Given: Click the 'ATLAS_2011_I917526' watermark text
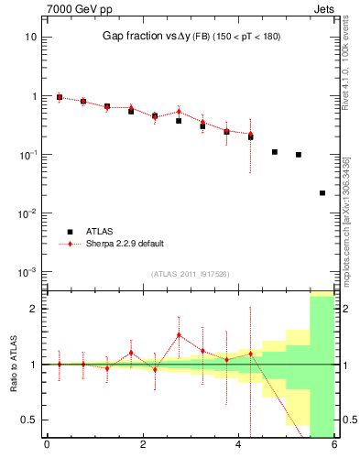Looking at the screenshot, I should (x=191, y=274).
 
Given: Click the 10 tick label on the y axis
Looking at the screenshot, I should (x=29, y=38).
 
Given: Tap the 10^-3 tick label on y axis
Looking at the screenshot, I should (x=26, y=272).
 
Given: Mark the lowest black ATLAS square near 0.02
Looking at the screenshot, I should (x=322, y=193).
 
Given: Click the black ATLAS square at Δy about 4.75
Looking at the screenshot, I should (x=275, y=152).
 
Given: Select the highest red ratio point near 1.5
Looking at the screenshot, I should (x=179, y=335).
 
